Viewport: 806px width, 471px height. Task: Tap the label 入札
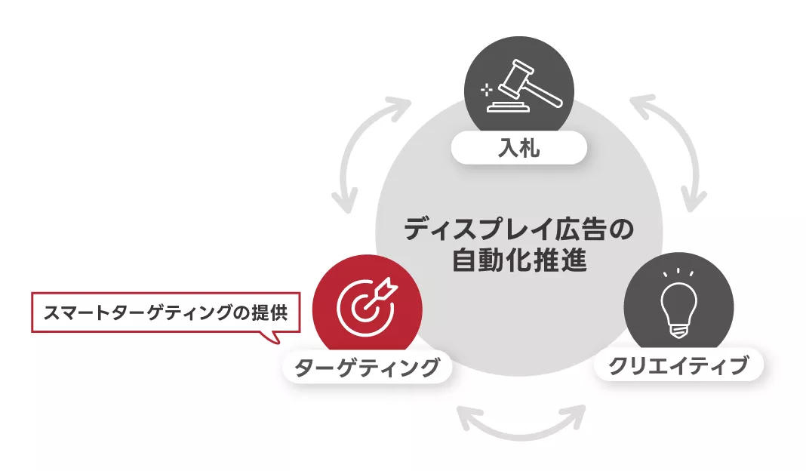[519, 148]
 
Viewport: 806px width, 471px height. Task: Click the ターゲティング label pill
[367, 368]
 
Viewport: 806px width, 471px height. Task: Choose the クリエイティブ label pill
[678, 366]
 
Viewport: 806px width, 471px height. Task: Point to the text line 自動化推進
[519, 261]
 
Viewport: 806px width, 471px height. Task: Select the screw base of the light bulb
[678, 329]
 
